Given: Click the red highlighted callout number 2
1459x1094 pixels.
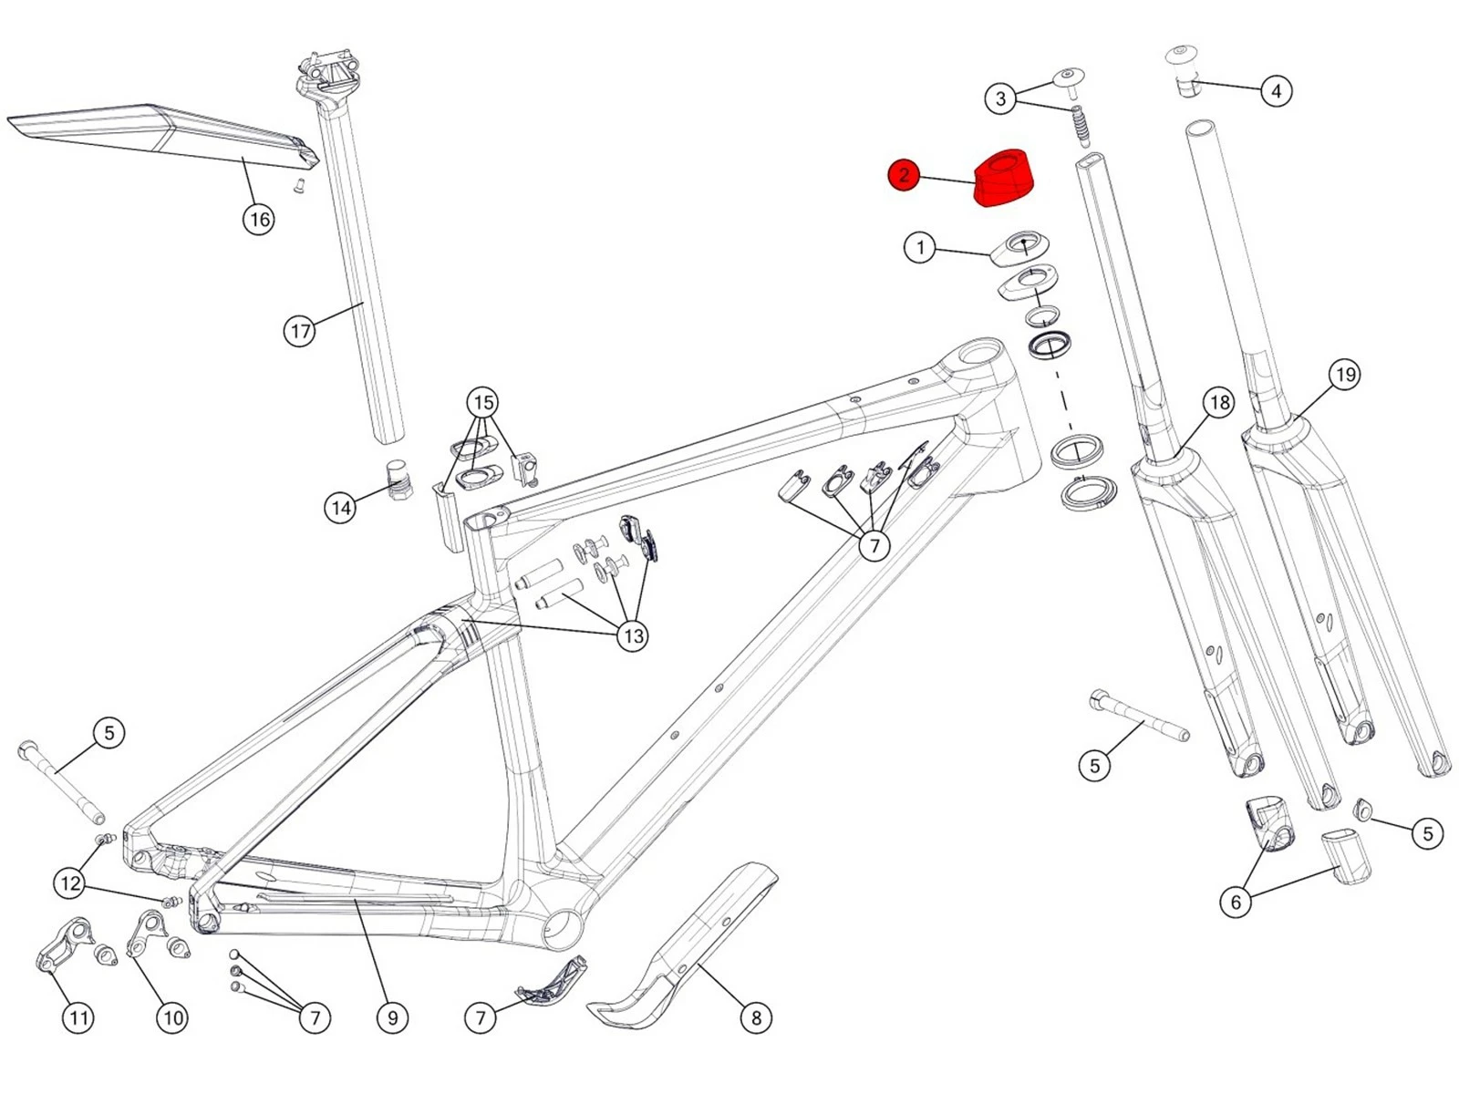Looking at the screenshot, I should [x=903, y=175].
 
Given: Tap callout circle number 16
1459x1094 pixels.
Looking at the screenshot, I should [x=259, y=219].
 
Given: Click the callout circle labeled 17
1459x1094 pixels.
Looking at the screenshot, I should [x=299, y=331].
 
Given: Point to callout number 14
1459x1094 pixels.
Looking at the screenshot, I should [x=340, y=508].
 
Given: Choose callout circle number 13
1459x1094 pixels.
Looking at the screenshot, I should [x=633, y=635].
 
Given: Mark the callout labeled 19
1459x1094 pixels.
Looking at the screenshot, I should [x=1345, y=375].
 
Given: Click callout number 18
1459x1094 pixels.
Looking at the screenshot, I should [x=1219, y=402].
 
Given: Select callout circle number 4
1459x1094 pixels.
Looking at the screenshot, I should [x=1276, y=91].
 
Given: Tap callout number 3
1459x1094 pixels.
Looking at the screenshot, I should [x=1000, y=98].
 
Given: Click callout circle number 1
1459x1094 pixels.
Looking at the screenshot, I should [x=919, y=247].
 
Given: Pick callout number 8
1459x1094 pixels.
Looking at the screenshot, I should [x=755, y=1017].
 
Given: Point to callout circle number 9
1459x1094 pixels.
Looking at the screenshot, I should [x=392, y=1017].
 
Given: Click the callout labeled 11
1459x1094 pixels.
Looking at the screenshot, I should [x=78, y=1017].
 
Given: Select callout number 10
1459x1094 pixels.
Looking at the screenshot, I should [x=172, y=1017].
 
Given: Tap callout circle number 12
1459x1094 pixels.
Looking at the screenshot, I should [x=69, y=882].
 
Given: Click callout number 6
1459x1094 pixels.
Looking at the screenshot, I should [x=1236, y=902].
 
